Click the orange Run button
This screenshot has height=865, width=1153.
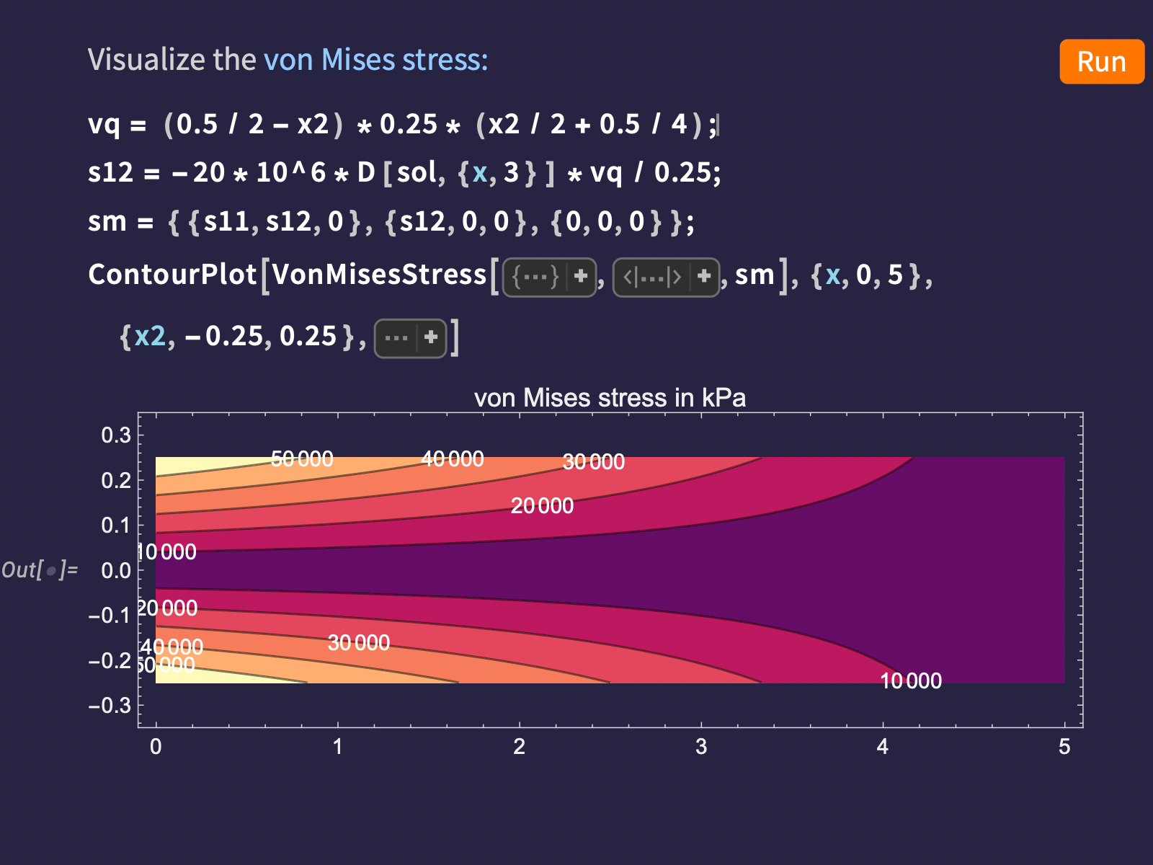point(1102,61)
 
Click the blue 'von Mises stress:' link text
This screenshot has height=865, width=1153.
point(375,59)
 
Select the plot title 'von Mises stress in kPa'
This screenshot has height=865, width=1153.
point(610,398)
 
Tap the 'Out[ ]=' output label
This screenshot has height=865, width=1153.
point(40,569)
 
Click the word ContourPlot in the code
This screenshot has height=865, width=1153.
point(172,274)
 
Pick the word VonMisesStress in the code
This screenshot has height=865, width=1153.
point(379,274)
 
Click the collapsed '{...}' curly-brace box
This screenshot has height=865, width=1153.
point(549,278)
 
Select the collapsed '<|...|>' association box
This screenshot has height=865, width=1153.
point(666,278)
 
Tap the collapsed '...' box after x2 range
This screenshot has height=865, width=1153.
point(410,338)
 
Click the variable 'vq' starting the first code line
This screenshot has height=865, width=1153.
point(104,125)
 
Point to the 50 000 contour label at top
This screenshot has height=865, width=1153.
point(302,459)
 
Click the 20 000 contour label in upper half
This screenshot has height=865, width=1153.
point(542,506)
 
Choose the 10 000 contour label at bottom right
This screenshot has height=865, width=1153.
point(911,680)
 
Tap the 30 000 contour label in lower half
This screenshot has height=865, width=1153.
point(359,643)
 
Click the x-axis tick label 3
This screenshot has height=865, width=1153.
point(701,746)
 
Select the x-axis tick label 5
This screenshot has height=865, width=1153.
point(1064,746)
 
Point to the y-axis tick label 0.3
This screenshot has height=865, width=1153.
point(116,435)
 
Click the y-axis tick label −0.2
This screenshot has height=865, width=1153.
point(110,660)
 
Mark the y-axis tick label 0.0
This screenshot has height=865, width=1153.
point(116,570)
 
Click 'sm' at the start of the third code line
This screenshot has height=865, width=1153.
point(107,221)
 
